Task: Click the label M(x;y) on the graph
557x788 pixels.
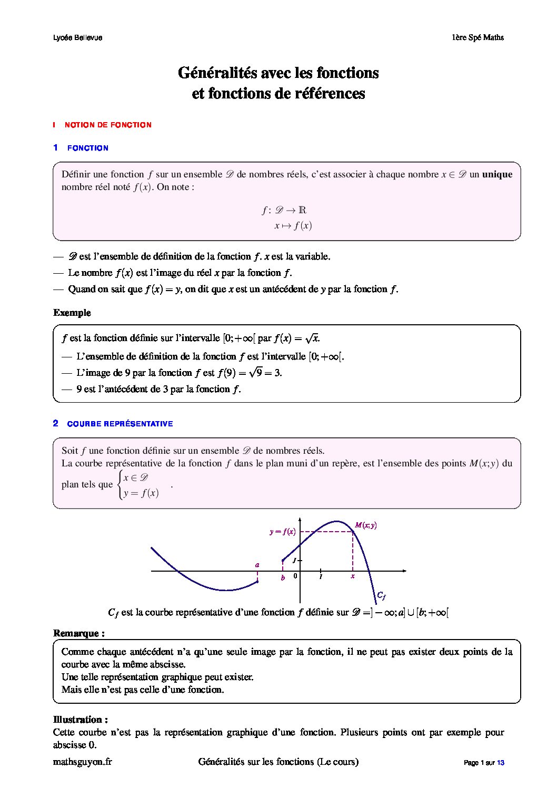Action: pos(366,525)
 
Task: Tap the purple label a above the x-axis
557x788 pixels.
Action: pos(257,565)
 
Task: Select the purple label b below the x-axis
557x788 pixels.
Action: pos(283,578)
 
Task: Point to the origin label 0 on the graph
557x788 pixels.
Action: pos(295,576)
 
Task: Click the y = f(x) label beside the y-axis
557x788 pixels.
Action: pos(283,532)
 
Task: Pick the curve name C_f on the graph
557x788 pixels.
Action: pos(381,595)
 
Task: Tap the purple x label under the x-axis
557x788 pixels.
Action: pos(352,576)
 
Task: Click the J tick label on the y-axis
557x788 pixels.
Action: pos(295,560)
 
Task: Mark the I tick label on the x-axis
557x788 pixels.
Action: pos(321,577)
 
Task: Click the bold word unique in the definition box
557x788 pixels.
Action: pos(497,174)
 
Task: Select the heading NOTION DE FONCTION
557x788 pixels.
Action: pos(108,125)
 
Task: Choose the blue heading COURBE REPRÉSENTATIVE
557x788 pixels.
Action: pos(120,424)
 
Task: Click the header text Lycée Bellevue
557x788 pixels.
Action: pos(78,37)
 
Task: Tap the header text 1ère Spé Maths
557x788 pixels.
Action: pos(478,37)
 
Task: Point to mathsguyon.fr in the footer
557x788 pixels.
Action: pos(83,762)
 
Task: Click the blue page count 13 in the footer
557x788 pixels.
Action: pos(500,762)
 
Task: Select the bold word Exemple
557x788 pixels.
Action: pos(72,313)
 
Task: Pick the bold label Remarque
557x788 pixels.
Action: pos(78,633)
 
